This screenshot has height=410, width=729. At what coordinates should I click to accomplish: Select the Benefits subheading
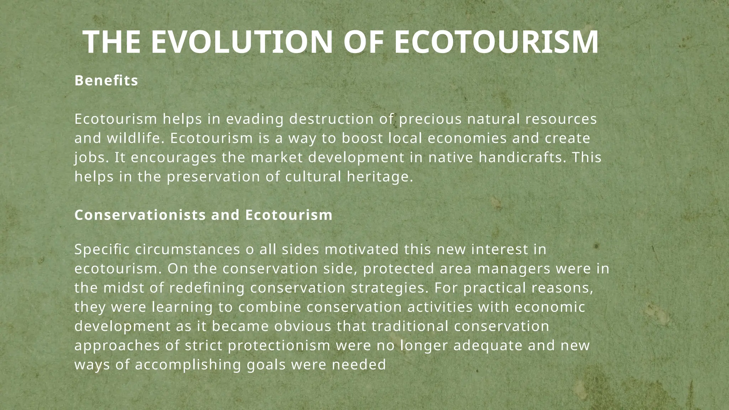[x=106, y=81]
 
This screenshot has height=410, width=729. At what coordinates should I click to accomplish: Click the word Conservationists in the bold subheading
[x=140, y=215]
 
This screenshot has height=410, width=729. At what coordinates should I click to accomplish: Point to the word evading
[x=255, y=119]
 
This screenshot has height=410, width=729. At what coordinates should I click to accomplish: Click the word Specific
[x=102, y=250]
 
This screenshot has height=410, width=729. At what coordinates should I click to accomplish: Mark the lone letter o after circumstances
[x=250, y=250]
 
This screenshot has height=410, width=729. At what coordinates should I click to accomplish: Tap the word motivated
[x=362, y=250]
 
